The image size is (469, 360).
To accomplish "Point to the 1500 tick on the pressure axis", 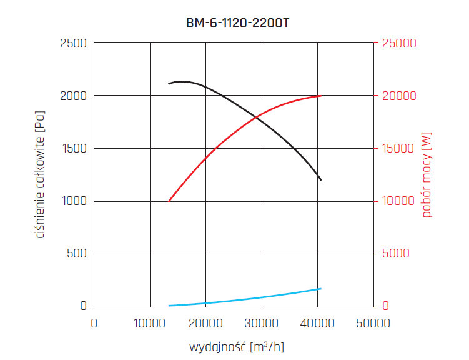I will click(x=74, y=149).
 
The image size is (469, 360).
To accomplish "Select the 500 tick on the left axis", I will click(x=77, y=254).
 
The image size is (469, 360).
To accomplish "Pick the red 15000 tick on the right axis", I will click(x=398, y=149).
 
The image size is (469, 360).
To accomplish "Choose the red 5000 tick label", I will click(x=395, y=254).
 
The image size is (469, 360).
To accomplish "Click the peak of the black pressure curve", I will click(x=182, y=81).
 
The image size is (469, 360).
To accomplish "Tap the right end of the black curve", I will click(x=321, y=180).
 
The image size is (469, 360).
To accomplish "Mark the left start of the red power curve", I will click(x=169, y=201).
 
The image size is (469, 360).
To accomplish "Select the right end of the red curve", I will click(x=321, y=96).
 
